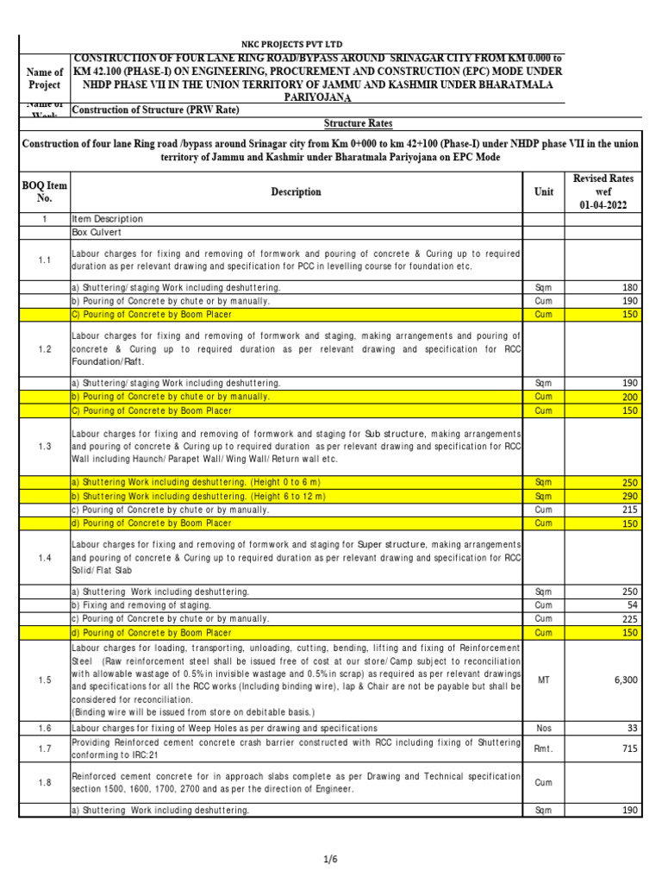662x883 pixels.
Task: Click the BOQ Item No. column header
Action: [x=44, y=191]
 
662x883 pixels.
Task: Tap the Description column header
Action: [x=296, y=191]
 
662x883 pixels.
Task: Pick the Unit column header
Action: [x=544, y=191]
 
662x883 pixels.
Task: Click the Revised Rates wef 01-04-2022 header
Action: [x=603, y=191]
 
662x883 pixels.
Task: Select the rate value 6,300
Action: [x=625, y=680]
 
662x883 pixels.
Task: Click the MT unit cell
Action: [x=544, y=680]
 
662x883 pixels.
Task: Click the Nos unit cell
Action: [x=544, y=729]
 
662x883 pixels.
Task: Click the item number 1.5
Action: [x=44, y=680]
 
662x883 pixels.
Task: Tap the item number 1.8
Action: [x=44, y=783]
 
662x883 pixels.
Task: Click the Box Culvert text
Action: [x=97, y=232]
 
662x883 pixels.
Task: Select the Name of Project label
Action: [x=44, y=78]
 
